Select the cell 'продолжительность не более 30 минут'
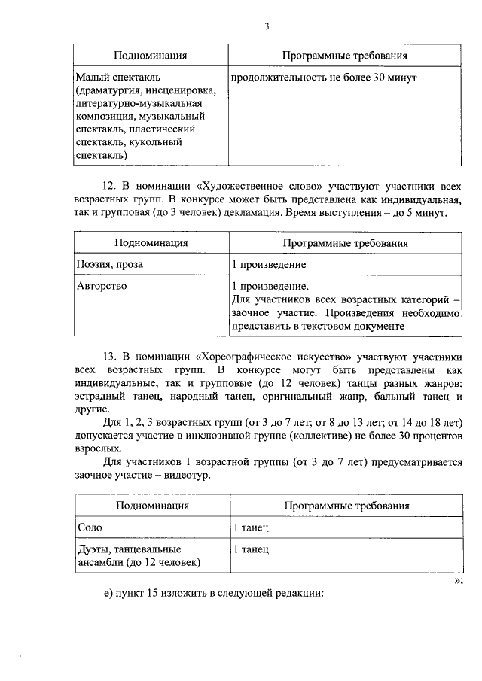324,78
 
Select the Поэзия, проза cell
110,265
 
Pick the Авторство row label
102,286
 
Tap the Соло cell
90,528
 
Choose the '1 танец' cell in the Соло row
250,528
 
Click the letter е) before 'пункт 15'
109,593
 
